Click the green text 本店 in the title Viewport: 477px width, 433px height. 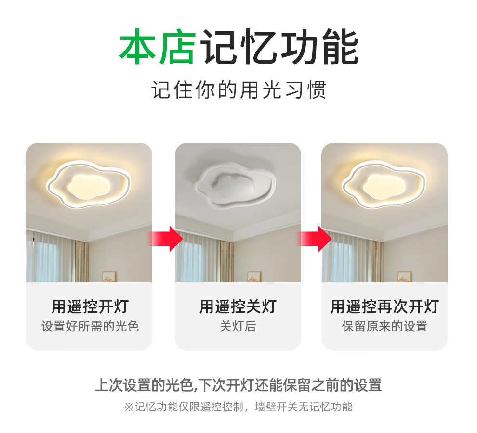click(x=158, y=47)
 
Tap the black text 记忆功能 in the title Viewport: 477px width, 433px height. click(x=279, y=47)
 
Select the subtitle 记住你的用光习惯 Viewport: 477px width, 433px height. click(x=239, y=89)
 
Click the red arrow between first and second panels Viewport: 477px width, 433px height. click(x=166, y=239)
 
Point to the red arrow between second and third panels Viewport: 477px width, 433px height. click(x=315, y=239)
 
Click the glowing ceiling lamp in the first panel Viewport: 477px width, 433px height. click(x=88, y=184)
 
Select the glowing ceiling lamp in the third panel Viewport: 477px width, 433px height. click(x=384, y=184)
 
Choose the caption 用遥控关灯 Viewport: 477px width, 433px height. click(x=238, y=306)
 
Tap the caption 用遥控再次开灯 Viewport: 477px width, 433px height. click(x=384, y=306)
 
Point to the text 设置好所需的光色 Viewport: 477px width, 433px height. click(x=90, y=326)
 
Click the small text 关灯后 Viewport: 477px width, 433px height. click(x=238, y=326)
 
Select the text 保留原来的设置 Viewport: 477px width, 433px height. click(x=384, y=326)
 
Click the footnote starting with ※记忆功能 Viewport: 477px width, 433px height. click(x=238, y=407)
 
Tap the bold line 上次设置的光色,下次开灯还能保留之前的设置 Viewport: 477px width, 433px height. click(x=238, y=385)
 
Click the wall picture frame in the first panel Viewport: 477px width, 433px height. click(x=109, y=277)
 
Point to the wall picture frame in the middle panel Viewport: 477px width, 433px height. click(x=254, y=277)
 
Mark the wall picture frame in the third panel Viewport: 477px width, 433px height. click(x=404, y=277)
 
